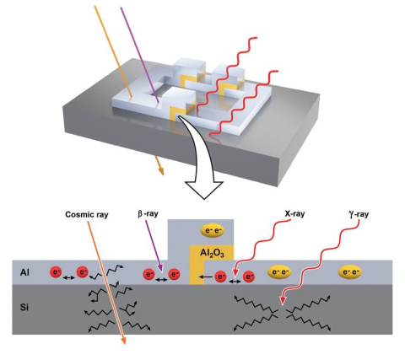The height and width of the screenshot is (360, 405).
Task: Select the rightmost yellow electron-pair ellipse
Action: [352, 272]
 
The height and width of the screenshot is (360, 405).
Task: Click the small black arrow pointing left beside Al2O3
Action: [208, 275]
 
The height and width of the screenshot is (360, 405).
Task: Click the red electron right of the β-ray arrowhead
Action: [174, 274]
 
